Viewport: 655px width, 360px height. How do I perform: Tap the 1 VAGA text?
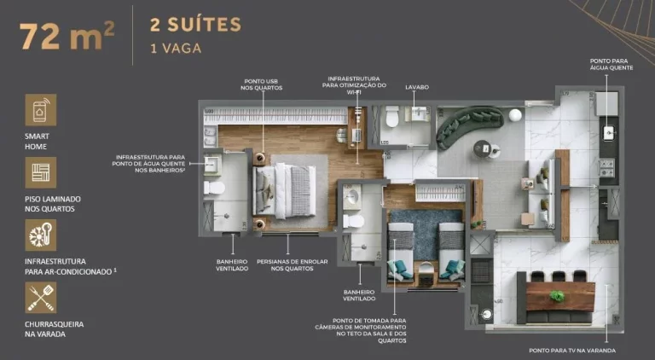pos(175,48)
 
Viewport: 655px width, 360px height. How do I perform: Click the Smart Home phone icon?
pos(40,110)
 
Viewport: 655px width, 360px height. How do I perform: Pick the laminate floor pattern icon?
pos(40,173)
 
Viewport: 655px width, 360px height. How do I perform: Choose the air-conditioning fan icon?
pos(40,235)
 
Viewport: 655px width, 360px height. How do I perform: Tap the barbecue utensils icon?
pos(40,299)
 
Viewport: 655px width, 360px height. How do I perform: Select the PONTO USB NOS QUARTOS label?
pos(260,84)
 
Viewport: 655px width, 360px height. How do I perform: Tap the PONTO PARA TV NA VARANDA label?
pos(571,350)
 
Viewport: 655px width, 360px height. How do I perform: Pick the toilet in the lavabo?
pos(392,117)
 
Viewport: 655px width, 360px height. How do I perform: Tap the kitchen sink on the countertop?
pos(608,132)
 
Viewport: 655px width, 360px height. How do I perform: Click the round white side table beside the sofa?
pos(515,114)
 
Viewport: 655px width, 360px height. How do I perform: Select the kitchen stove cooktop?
pos(607,166)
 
